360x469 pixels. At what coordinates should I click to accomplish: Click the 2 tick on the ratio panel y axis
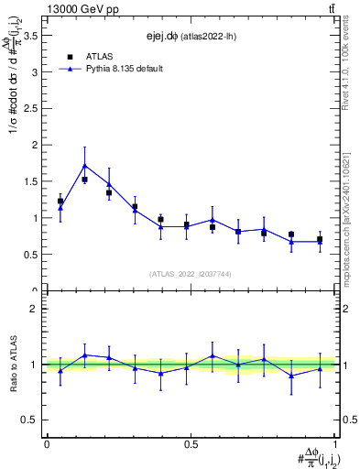tap(35, 310)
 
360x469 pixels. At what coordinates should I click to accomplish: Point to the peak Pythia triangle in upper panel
tap(110, 166)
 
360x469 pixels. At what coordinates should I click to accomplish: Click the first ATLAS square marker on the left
tap(60, 201)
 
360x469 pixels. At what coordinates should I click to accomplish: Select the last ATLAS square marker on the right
tap(320, 239)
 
